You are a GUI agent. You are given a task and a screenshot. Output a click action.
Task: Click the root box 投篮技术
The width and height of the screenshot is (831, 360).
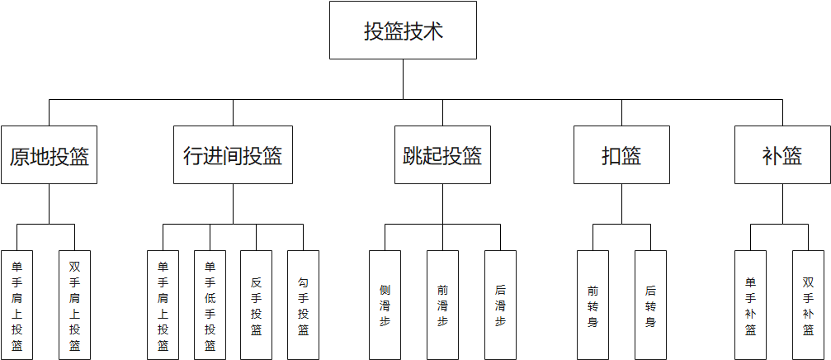pyautogui.click(x=403, y=31)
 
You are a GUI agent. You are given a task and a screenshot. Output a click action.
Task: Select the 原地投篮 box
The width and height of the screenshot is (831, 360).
pyautogui.click(x=50, y=154)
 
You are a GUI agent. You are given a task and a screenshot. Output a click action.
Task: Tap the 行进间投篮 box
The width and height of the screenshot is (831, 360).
pyautogui.click(x=233, y=154)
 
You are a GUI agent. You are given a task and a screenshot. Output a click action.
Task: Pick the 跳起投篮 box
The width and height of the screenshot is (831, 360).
pyautogui.click(x=442, y=154)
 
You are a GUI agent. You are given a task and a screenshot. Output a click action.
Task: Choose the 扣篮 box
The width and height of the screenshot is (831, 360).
pyautogui.click(x=621, y=154)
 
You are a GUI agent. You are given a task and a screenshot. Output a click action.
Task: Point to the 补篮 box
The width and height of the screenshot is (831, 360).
pyautogui.click(x=782, y=154)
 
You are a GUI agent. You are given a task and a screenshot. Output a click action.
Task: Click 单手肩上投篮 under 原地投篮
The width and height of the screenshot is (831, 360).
pyautogui.click(x=17, y=305)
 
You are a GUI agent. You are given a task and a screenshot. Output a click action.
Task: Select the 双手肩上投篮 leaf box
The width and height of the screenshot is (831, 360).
pyautogui.click(x=74, y=305)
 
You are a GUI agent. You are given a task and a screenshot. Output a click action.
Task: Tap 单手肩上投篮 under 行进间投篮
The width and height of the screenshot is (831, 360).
pyautogui.click(x=163, y=305)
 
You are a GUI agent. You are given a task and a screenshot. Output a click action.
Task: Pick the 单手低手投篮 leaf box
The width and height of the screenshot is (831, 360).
pyautogui.click(x=210, y=305)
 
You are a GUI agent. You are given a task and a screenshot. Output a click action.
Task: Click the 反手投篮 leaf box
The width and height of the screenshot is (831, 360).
pyautogui.click(x=256, y=305)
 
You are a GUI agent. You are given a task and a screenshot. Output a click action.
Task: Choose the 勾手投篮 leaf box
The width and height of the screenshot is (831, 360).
pyautogui.click(x=303, y=305)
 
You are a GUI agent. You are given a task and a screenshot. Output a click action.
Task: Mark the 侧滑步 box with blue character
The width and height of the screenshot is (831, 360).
pyautogui.click(x=385, y=305)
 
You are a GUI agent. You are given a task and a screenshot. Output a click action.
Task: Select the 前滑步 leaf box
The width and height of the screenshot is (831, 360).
pyautogui.click(x=442, y=305)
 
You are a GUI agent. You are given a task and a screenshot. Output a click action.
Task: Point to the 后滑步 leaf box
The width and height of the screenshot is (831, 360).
pyautogui.click(x=500, y=305)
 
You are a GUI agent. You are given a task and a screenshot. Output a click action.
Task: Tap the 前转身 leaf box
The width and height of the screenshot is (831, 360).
pyautogui.click(x=593, y=305)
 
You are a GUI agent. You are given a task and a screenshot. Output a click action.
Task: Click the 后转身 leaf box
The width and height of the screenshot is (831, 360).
pyautogui.click(x=650, y=305)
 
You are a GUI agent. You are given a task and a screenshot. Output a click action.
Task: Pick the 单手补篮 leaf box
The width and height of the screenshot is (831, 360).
pyautogui.click(x=750, y=305)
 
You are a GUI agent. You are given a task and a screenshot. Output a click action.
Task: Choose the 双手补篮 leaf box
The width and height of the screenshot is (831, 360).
pyautogui.click(x=808, y=305)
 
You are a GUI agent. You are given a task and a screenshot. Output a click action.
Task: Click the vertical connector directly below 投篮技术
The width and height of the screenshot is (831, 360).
pyautogui.click(x=403, y=79)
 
